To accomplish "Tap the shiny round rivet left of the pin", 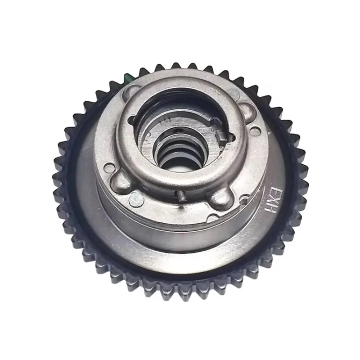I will pyautogui.click(x=135, y=197).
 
